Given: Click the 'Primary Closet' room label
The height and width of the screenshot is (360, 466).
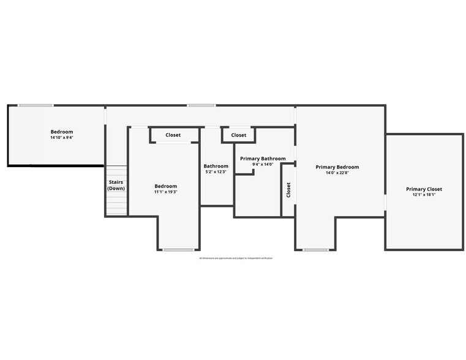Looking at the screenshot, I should click(x=424, y=189).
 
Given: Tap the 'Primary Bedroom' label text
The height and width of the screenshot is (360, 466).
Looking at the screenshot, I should click(x=337, y=167).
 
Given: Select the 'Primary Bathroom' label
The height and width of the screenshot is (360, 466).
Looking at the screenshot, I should click(x=263, y=159).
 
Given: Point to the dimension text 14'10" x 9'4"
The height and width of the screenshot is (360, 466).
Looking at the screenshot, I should click(x=61, y=138).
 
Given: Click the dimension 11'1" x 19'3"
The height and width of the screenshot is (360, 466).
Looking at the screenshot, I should click(x=165, y=192).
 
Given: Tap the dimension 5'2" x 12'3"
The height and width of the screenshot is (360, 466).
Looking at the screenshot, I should click(x=216, y=171).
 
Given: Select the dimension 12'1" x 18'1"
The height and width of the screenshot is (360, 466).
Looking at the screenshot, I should click(x=424, y=195).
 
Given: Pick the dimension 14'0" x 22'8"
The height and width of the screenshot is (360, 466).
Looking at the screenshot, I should click(x=337, y=173).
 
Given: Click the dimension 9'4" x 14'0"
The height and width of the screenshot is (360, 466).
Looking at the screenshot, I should click(x=263, y=164).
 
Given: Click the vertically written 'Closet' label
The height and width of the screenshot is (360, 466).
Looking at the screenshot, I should click(x=288, y=190).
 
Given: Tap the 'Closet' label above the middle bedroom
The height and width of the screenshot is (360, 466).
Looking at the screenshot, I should click(x=173, y=135).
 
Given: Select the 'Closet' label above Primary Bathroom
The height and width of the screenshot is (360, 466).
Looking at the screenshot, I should click(x=239, y=135).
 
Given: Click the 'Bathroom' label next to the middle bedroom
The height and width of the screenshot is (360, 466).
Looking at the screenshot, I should click(x=216, y=166).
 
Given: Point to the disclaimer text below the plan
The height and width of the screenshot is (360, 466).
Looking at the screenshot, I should click(x=236, y=258).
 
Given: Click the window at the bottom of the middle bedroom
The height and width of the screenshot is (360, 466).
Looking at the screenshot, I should click(x=178, y=249).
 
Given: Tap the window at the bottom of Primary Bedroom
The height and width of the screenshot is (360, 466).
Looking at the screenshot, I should click(x=316, y=249).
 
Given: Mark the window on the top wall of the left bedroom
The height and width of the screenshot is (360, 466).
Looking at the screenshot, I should click(x=35, y=105).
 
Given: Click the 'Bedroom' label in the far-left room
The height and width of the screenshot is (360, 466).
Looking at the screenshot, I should click(x=61, y=132).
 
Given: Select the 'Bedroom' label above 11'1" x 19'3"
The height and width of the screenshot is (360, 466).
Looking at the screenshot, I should click(x=165, y=186).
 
